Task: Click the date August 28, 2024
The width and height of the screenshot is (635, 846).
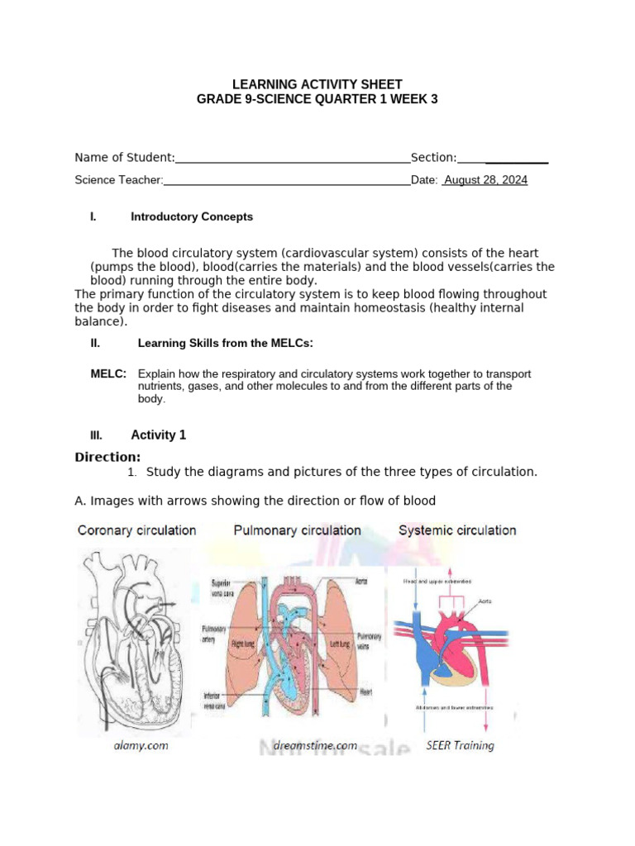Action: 485,180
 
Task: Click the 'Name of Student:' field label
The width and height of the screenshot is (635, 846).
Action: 125,158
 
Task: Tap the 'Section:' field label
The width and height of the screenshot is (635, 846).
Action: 433,158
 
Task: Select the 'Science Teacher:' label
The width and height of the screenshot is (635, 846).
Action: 119,180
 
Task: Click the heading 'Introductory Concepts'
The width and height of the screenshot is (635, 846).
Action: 192,217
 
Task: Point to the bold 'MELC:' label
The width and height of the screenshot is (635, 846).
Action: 108,374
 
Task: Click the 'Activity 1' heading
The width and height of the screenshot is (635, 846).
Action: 159,435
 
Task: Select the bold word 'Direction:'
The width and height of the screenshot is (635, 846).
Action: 107,457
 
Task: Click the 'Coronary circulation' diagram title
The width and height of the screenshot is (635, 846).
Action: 136,530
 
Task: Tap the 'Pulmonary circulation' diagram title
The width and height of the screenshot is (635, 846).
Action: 298,530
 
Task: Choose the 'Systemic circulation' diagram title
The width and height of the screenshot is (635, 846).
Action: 457,530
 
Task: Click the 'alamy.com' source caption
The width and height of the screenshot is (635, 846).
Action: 141,745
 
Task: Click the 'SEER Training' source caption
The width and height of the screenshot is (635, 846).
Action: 461,745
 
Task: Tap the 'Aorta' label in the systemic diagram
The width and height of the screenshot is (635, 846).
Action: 485,601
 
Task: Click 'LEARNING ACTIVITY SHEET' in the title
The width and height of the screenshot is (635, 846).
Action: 317,84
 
